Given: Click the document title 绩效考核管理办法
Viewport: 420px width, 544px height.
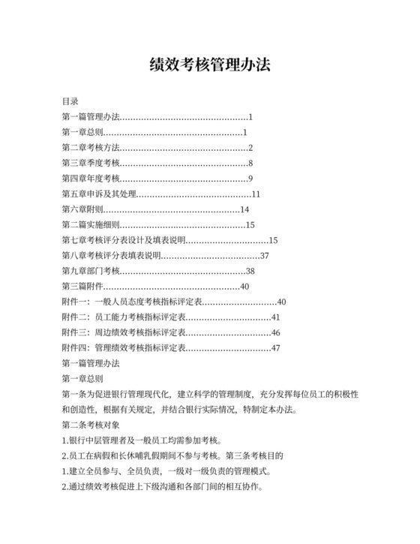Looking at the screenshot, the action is (x=210, y=65).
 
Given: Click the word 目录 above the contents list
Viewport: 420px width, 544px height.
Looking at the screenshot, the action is (x=70, y=101).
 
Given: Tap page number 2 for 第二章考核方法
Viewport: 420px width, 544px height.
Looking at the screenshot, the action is (x=250, y=147).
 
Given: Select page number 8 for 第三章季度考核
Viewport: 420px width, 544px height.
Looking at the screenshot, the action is (x=250, y=163).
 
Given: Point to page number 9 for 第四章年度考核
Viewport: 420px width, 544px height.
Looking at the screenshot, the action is (x=250, y=179).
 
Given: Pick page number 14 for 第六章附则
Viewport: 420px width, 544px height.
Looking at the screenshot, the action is (x=244, y=209).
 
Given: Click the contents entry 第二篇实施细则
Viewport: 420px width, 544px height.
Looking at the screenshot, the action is (x=90, y=225).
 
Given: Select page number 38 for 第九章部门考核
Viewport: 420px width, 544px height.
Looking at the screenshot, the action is (x=250, y=271).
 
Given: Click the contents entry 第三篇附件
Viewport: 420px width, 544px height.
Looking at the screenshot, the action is (x=85, y=287).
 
